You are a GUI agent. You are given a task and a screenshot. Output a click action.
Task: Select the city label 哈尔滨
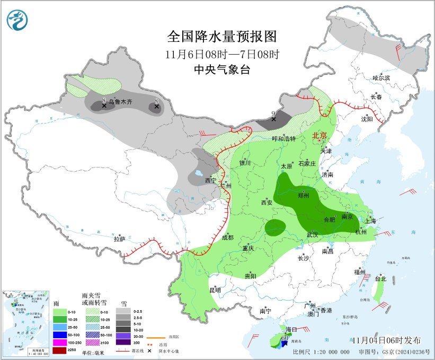pos(381,78)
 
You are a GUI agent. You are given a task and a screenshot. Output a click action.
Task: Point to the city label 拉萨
pos(119,239)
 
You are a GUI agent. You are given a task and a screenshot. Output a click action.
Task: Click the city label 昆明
pos(215,290)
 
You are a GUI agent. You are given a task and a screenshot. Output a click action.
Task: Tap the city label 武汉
pos(312,234)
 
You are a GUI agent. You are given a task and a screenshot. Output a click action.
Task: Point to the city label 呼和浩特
pos(283,138)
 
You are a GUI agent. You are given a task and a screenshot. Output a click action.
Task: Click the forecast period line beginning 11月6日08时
pos(221,54)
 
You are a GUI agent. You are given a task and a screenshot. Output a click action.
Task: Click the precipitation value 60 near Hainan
pos(285,338)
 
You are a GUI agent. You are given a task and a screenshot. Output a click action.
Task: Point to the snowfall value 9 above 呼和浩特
pos(273,113)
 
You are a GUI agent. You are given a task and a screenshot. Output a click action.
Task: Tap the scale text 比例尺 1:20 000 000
pos(321,352)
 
